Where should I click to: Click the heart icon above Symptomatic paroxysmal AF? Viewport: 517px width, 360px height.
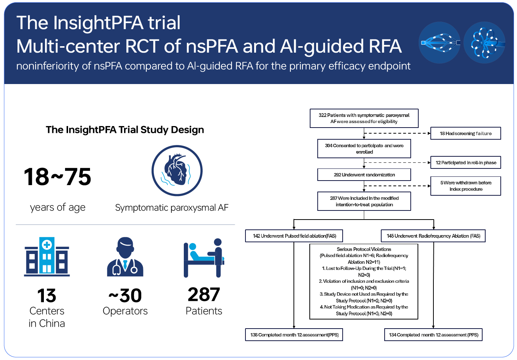(177, 171)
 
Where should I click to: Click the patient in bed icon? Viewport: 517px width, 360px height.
(204, 257)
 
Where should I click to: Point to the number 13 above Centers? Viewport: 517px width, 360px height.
(47, 296)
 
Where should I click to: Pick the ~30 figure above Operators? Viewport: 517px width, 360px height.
(125, 296)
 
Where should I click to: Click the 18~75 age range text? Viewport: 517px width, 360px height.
(57, 177)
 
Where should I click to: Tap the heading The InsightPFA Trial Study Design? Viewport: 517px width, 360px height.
(125, 130)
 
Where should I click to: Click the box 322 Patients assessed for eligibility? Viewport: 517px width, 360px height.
(364, 118)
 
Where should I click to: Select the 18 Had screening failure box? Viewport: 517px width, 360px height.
(466, 133)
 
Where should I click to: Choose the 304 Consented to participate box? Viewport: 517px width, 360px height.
(364, 148)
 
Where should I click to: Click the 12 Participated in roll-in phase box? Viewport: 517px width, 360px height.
(466, 162)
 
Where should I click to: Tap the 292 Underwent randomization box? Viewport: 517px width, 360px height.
(364, 175)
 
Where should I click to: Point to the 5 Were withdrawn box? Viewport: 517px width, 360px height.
(466, 186)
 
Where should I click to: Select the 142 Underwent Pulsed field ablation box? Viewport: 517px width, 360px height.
(294, 236)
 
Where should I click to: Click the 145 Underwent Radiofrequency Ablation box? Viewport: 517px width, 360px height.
(433, 236)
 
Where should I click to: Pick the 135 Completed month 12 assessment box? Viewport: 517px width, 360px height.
(294, 335)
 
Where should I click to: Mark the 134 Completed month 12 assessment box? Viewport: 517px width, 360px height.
(433, 335)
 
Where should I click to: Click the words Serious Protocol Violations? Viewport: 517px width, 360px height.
(364, 249)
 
